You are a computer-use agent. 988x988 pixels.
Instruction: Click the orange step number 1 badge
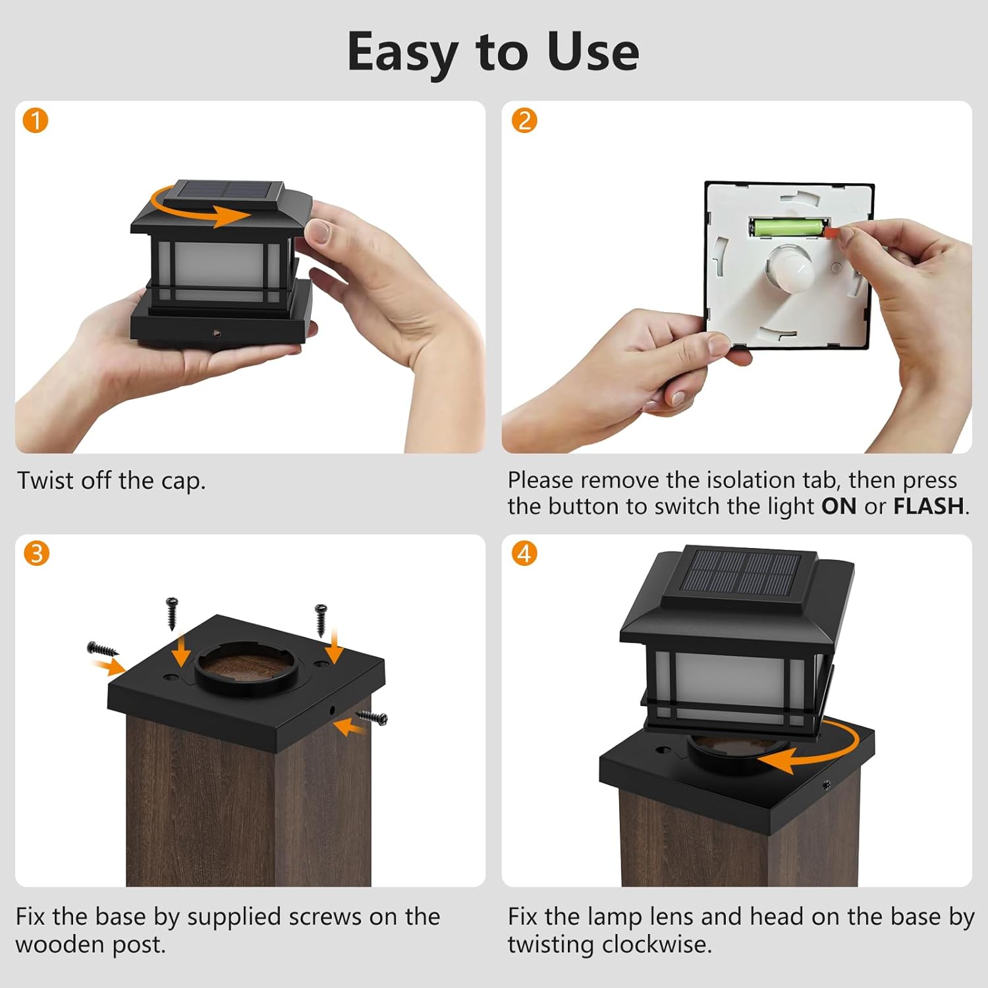pos(36,121)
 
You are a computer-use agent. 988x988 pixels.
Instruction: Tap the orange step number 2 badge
pos(524,121)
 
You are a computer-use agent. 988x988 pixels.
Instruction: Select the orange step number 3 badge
pos(36,553)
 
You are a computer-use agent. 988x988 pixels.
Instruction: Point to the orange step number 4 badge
pos(524,553)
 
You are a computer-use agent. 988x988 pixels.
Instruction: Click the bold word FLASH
pos(929,507)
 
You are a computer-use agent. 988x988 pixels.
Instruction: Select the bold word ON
pos(838,507)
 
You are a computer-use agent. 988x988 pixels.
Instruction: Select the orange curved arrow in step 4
pos(817,751)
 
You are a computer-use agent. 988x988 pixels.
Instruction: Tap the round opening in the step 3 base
pos(246,667)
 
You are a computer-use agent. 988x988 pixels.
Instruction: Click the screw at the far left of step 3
pos(101,649)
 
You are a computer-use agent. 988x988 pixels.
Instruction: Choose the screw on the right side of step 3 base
pos(373,717)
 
